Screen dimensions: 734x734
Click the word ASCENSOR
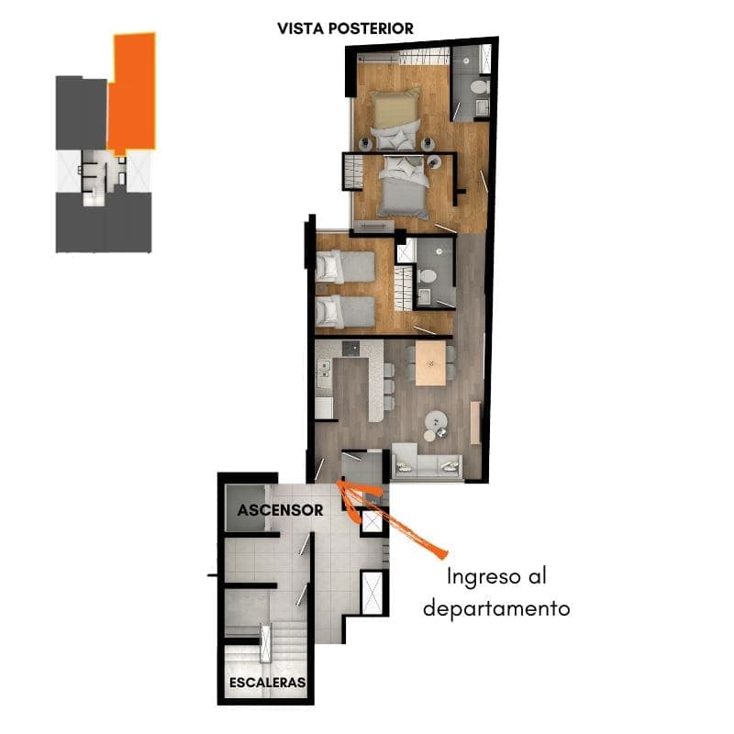coord(280,510)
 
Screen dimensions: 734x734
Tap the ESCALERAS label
coord(268,683)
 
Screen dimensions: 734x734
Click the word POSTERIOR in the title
coord(371,28)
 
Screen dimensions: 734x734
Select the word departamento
coord(496,608)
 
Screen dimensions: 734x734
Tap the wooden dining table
coord(430,363)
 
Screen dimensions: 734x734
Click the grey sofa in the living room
coord(427,462)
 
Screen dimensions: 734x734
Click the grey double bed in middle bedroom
coord(404,187)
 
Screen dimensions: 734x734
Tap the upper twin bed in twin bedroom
coord(346,267)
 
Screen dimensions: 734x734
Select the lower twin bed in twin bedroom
coord(346,312)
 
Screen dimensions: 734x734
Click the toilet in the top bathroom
coord(479,87)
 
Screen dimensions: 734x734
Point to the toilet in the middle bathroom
coord(428,276)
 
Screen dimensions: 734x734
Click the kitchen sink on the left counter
coord(324,369)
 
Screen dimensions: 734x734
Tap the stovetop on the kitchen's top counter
coord(351,349)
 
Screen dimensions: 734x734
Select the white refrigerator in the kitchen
coord(324,407)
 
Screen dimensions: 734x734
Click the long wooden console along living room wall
coord(475,422)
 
